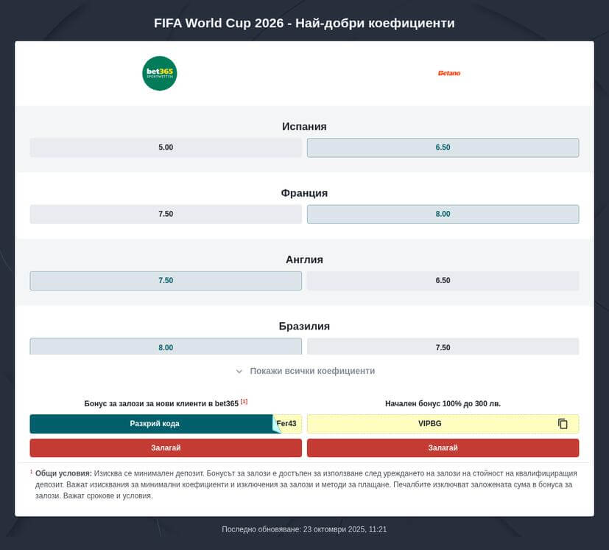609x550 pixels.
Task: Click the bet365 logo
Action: [159, 73]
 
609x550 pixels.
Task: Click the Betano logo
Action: [448, 73]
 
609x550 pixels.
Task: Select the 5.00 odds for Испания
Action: [166, 147]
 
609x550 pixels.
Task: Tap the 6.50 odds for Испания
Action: [443, 147]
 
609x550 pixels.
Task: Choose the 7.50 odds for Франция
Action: [166, 214]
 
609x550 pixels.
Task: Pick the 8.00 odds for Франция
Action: [443, 214]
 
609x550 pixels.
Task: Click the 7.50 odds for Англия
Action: [166, 280]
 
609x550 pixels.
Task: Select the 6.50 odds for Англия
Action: [443, 280]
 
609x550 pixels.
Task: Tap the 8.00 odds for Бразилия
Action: [166, 347]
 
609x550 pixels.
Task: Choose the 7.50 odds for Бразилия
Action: [443, 347]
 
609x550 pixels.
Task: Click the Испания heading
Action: [304, 126]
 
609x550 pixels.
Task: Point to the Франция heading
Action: [304, 192]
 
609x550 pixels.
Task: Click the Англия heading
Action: [304, 260]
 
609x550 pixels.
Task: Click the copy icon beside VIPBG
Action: [563, 424]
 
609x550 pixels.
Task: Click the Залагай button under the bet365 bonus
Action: [166, 448]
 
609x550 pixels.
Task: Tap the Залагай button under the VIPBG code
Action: [443, 448]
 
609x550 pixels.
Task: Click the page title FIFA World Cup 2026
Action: [304, 23]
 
